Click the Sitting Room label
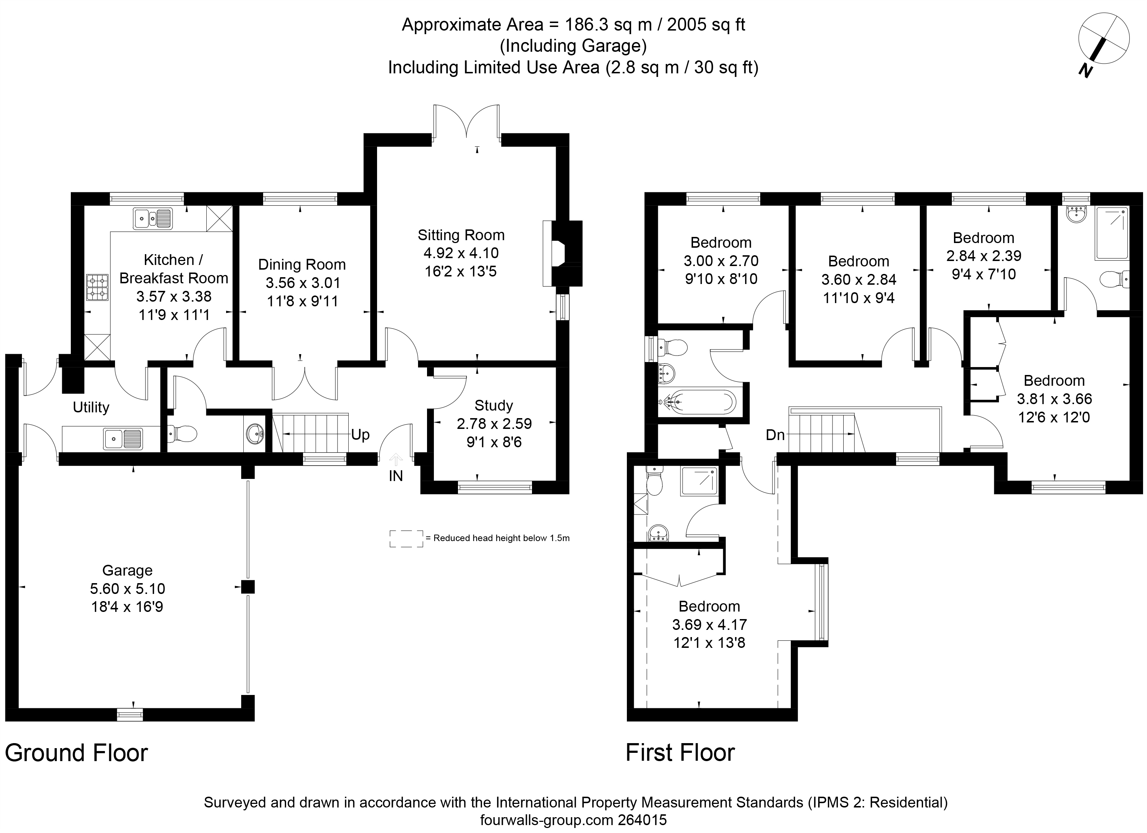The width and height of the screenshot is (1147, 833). point(461,235)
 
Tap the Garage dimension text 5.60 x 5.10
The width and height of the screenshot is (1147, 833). point(128,589)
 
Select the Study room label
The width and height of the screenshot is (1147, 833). point(494,406)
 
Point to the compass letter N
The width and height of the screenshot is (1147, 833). point(1084,71)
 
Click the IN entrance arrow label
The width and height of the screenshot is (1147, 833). point(396,476)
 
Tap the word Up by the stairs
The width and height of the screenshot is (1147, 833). point(361,435)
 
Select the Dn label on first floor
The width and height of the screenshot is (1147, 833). point(775,435)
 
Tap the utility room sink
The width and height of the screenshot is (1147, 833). point(123,439)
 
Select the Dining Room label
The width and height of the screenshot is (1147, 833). point(302,265)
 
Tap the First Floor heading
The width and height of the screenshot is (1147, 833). point(680,752)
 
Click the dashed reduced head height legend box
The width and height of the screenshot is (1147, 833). point(406,539)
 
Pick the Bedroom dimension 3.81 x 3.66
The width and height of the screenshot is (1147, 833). point(1055,399)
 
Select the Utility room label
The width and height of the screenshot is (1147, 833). point(91,407)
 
